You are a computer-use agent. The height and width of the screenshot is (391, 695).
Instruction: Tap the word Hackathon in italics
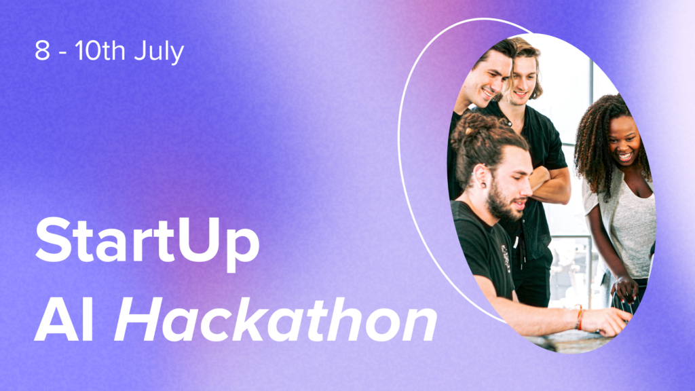pyautogui.click(x=276, y=319)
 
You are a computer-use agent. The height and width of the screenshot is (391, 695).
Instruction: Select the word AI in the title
pyautogui.click(x=64, y=320)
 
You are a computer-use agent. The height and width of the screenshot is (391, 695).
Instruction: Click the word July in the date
pyautogui.click(x=159, y=52)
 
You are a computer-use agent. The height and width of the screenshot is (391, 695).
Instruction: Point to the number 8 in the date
pyautogui.click(x=42, y=50)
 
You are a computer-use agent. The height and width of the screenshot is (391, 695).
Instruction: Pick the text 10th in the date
pyautogui.click(x=100, y=50)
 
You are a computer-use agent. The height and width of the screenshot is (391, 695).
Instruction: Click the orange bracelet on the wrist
pyautogui.click(x=579, y=316)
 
